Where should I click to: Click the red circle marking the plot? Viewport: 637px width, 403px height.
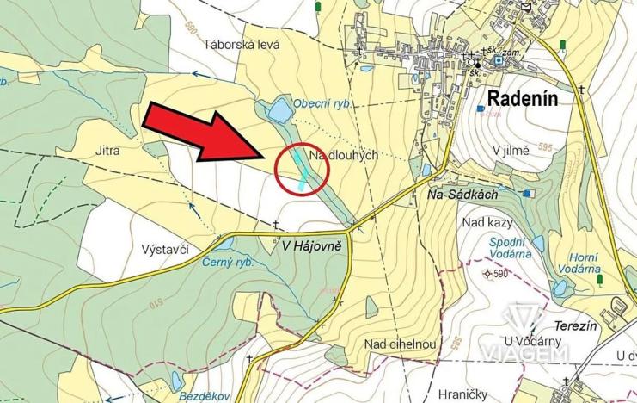(x=302, y=169)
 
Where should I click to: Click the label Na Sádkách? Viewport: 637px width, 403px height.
(x=462, y=197)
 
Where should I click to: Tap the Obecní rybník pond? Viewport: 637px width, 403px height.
(x=279, y=110)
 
